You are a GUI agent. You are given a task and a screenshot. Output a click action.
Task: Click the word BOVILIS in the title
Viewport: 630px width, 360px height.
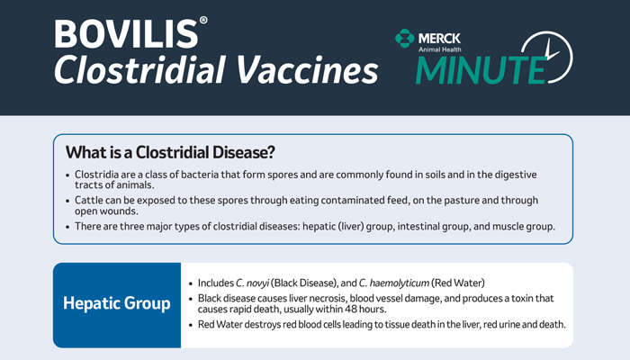click(126, 34)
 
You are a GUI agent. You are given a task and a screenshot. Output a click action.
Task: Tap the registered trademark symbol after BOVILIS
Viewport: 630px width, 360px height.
click(203, 20)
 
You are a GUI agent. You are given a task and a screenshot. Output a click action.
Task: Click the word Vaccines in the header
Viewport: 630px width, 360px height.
click(307, 69)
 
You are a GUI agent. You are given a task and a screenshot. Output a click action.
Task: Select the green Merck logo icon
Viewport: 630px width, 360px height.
click(404, 38)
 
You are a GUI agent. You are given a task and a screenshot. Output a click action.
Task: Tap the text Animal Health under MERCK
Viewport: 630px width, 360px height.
click(439, 49)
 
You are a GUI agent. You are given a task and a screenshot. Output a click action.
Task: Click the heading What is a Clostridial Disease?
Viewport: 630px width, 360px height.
click(170, 152)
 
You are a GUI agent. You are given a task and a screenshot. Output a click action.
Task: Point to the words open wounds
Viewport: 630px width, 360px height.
click(106, 211)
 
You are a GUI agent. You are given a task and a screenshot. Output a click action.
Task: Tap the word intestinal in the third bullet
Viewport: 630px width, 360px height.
click(418, 226)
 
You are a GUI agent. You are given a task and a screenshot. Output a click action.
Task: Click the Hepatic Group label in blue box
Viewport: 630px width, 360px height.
click(116, 303)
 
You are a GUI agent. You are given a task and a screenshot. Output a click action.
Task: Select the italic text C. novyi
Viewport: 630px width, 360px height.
click(252, 283)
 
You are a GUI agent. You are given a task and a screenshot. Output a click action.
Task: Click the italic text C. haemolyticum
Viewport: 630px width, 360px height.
click(394, 283)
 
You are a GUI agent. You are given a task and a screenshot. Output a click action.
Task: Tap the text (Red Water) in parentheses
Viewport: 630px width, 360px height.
click(458, 283)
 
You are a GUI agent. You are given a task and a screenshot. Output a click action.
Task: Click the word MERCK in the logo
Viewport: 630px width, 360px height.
click(439, 38)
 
